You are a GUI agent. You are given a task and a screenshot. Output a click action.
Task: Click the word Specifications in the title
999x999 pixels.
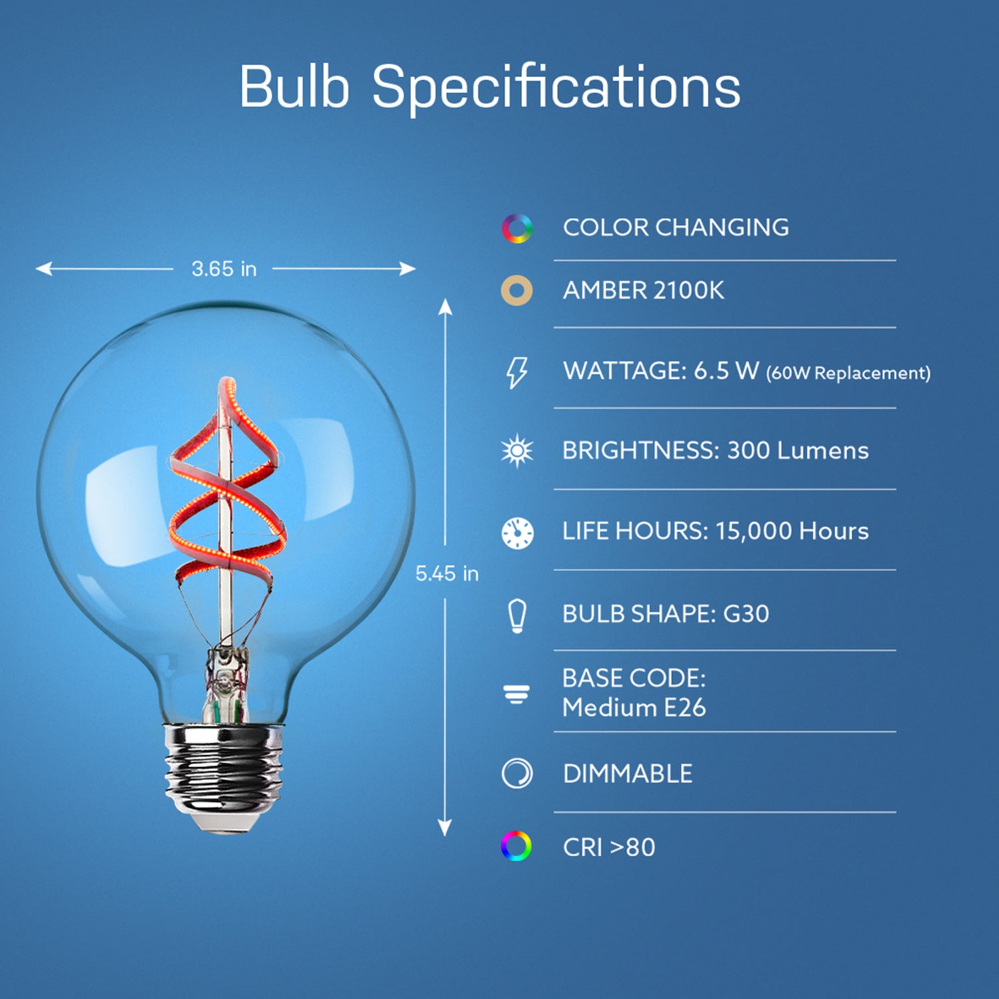(555, 88)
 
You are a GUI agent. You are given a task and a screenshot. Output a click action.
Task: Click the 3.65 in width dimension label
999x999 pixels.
(224, 269)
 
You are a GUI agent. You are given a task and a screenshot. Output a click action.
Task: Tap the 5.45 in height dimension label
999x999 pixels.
(447, 573)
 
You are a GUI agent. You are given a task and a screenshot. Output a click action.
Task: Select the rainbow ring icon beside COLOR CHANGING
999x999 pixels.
(517, 228)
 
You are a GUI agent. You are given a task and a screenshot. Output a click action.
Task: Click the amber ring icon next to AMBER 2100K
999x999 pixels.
(517, 291)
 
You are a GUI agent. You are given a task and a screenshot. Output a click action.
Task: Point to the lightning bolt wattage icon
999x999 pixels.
(517, 372)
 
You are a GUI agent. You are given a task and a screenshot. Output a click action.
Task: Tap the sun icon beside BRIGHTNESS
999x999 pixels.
(517, 451)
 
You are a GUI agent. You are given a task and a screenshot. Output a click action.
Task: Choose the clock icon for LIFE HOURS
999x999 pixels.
(517, 532)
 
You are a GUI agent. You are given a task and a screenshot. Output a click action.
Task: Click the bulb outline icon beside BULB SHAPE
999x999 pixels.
(517, 615)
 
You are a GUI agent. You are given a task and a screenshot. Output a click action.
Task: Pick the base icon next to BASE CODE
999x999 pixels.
(517, 694)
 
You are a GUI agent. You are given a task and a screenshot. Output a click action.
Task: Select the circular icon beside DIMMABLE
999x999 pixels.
(517, 774)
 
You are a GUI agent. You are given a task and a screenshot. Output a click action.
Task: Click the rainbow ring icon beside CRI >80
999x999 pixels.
(516, 846)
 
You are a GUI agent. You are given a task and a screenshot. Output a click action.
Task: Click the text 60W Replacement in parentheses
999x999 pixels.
(848, 373)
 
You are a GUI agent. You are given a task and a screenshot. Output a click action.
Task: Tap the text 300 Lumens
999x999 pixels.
(797, 451)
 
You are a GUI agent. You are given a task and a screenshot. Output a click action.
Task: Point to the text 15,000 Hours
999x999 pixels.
(792, 531)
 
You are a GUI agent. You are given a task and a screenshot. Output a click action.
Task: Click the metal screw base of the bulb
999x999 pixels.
(224, 773)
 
